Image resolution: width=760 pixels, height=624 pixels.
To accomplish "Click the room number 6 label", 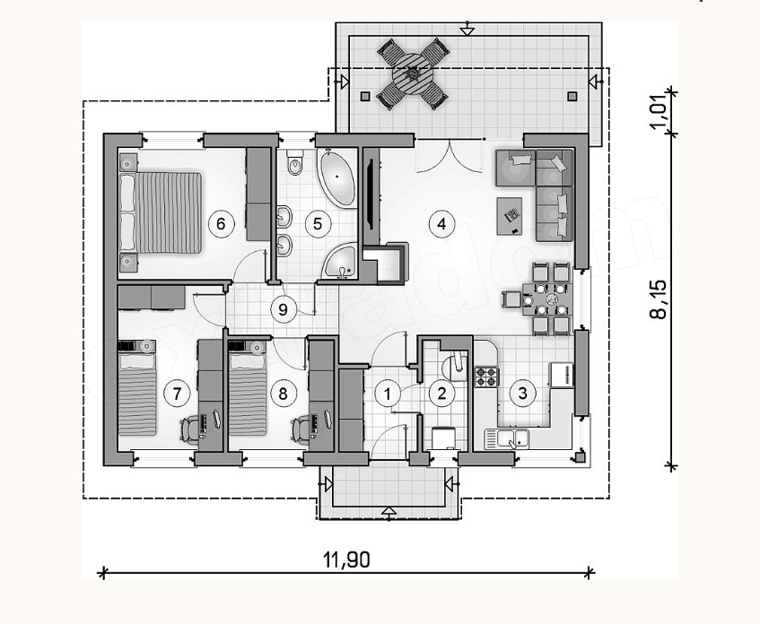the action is point(221,222).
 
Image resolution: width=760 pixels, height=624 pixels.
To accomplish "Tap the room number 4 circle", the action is point(439,222).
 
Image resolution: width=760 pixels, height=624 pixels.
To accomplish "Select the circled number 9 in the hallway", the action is point(283,310).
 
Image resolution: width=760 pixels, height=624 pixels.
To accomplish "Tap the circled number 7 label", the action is point(177,392).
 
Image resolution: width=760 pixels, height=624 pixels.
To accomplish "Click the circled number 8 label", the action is point(283,392).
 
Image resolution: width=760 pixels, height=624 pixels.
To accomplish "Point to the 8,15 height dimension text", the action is point(659,299).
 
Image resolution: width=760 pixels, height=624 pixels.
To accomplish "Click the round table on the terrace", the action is point(413,73).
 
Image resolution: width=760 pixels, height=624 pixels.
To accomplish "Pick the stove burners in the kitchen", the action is point(485,377).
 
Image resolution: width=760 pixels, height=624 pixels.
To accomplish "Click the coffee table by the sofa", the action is point(509,213).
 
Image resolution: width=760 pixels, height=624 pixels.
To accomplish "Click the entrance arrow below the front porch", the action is point(389,512).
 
